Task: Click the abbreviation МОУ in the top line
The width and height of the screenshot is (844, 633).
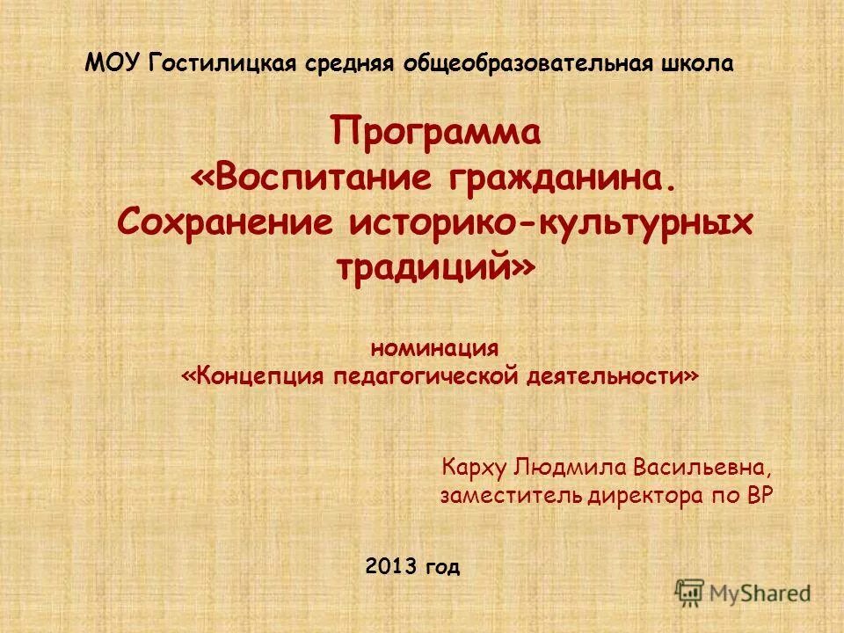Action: point(113,62)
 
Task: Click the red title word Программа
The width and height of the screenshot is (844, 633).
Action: point(436,133)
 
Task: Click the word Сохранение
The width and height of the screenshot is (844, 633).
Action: point(224,222)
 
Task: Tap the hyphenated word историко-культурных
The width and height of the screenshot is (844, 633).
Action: point(551,222)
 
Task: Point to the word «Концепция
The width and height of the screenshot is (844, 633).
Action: point(255,376)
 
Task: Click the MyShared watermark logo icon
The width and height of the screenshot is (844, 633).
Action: point(691,593)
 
